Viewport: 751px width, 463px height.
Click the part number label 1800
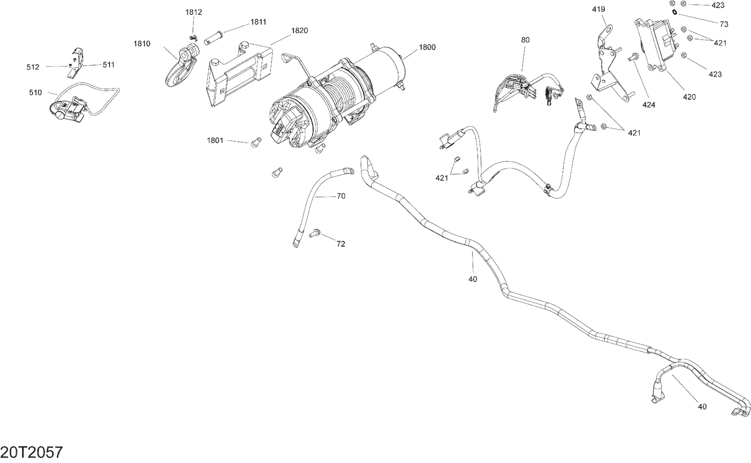[427, 48]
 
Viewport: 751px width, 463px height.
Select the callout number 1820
[299, 31]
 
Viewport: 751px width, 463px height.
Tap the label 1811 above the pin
[258, 22]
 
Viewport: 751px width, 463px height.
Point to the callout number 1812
[193, 13]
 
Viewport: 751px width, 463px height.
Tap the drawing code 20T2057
[32, 452]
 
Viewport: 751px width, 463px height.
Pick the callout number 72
[340, 244]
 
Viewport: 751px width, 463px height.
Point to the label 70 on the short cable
[341, 196]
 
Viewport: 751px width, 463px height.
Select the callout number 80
[525, 40]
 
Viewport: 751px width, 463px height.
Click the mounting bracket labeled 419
[608, 65]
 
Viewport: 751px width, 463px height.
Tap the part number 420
[689, 97]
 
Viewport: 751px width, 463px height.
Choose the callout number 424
[649, 105]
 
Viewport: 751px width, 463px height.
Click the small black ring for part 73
[675, 12]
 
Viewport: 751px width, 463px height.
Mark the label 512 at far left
[33, 67]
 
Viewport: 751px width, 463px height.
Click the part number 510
[36, 93]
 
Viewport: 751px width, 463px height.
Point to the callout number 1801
[215, 141]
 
